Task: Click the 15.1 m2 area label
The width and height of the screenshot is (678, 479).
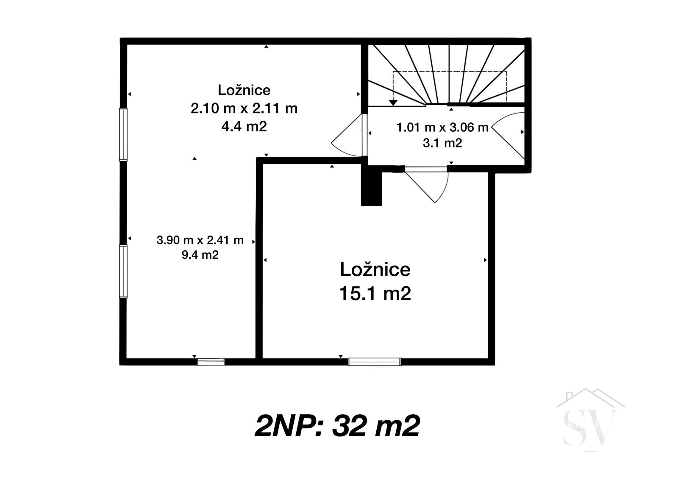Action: tap(375, 293)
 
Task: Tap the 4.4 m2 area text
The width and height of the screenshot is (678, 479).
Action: tap(244, 126)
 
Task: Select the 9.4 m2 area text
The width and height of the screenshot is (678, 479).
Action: tap(200, 255)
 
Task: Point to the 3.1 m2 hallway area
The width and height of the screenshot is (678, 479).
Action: tap(442, 143)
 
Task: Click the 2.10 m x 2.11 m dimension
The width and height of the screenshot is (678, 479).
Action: tap(244, 108)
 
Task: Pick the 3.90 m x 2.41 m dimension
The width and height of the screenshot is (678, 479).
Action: tap(200, 240)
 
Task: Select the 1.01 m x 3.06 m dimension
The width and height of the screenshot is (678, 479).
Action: tap(442, 127)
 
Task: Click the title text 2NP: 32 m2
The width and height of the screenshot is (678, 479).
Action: tap(337, 426)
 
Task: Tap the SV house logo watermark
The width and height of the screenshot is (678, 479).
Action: tap(591, 420)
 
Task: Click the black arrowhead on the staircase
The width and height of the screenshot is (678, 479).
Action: tap(393, 102)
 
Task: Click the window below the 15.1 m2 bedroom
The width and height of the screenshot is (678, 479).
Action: tap(375, 362)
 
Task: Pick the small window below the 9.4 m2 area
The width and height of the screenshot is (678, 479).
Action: tap(211, 362)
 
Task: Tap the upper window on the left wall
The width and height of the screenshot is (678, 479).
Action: tap(123, 134)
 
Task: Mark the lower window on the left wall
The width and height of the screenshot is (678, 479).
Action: tap(123, 271)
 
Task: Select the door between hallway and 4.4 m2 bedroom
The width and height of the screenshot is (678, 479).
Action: tap(350, 135)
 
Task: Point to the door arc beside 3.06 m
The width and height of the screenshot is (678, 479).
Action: tap(508, 135)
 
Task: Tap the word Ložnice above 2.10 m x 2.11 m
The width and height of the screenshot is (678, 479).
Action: tap(244, 90)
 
